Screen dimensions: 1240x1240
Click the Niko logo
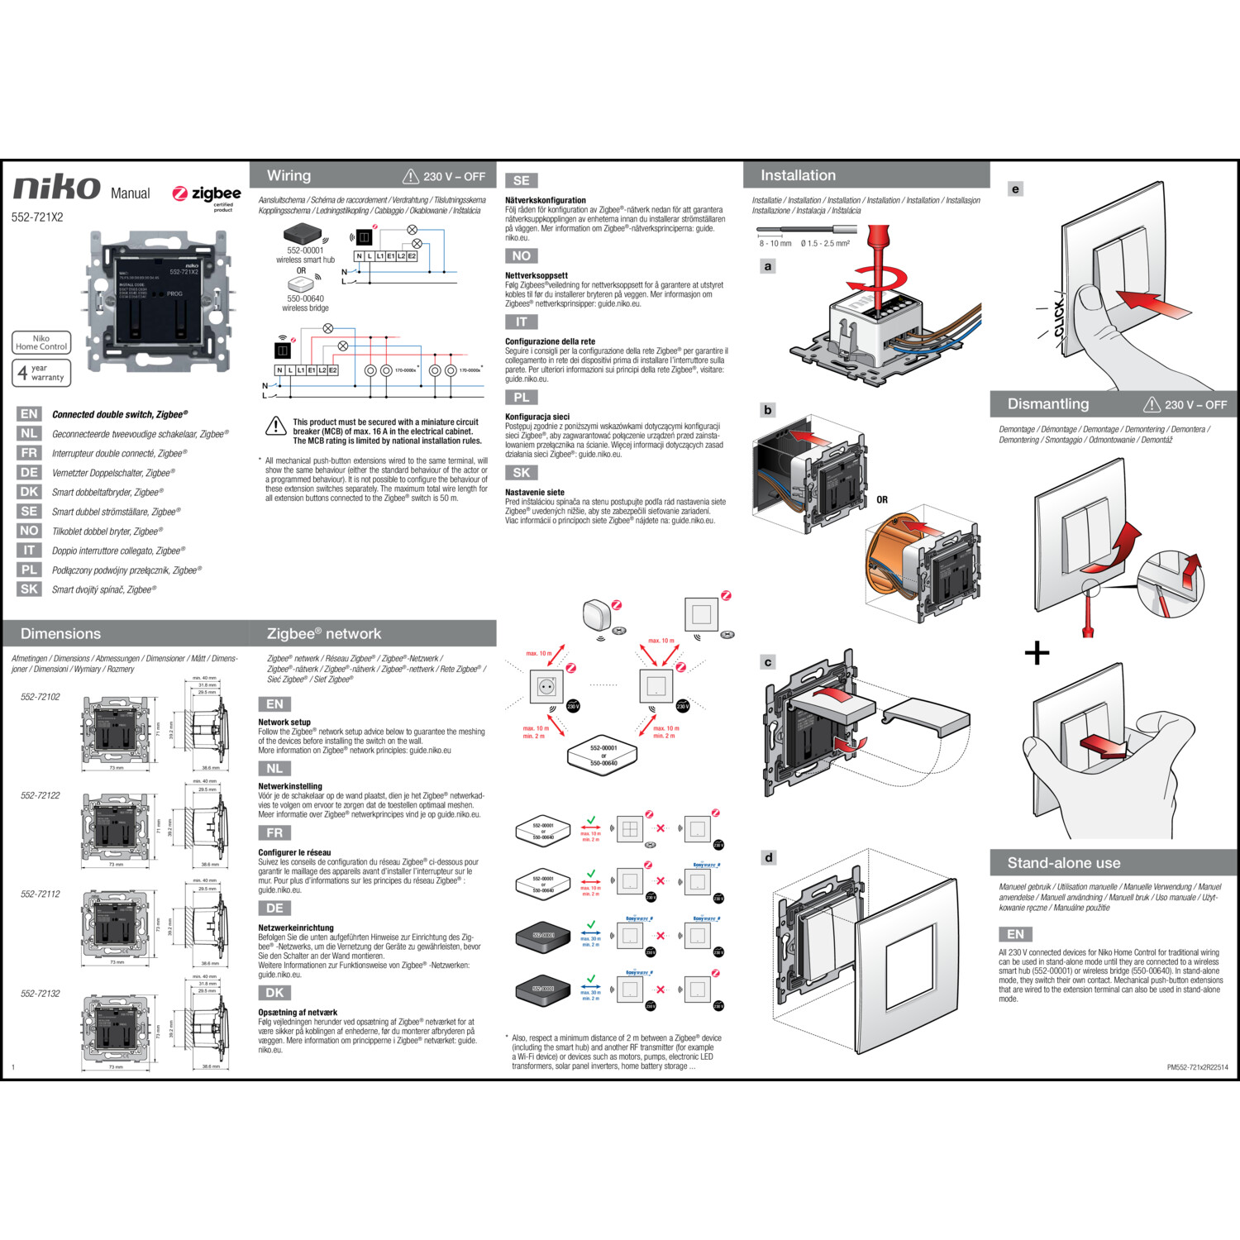click(x=56, y=189)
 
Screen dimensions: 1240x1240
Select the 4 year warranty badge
click(x=41, y=373)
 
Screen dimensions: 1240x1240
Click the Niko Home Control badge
click(x=41, y=342)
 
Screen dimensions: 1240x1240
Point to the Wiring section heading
click(x=289, y=176)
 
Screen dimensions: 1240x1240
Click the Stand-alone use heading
click(x=1063, y=863)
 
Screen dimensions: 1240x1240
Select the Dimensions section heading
click(x=60, y=634)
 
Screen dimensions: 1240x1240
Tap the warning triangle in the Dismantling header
click(x=1152, y=404)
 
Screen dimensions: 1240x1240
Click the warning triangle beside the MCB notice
click(x=275, y=427)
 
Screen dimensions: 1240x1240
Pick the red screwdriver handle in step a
click(x=879, y=244)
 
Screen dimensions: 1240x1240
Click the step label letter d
click(x=769, y=858)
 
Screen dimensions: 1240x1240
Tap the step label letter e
click(x=1015, y=189)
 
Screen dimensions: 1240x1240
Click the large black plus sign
click(x=1037, y=653)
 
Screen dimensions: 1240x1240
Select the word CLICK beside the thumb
click(x=1059, y=318)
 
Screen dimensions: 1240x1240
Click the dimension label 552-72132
click(x=40, y=994)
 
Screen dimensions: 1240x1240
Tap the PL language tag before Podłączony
click(x=29, y=570)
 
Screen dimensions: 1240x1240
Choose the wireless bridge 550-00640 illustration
click(x=303, y=284)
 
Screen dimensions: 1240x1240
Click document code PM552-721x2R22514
click(x=1197, y=1067)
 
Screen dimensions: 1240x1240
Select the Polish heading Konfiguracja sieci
click(x=537, y=417)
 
